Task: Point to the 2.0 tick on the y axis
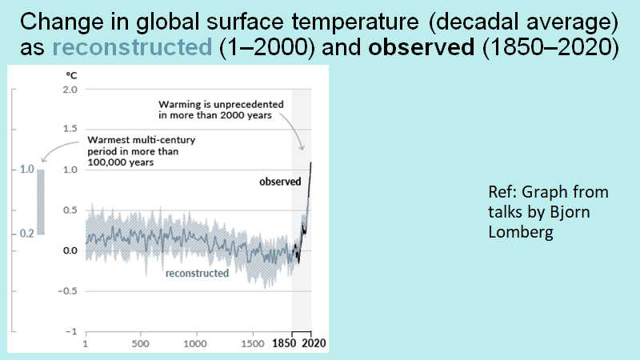pyautogui.click(x=70, y=89)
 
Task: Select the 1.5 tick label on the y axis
pyautogui.click(x=70, y=130)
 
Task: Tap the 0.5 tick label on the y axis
pyautogui.click(x=70, y=210)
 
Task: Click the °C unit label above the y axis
pyautogui.click(x=71, y=74)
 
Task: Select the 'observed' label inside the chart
pyautogui.click(x=279, y=182)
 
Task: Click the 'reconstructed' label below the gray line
pyautogui.click(x=197, y=274)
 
